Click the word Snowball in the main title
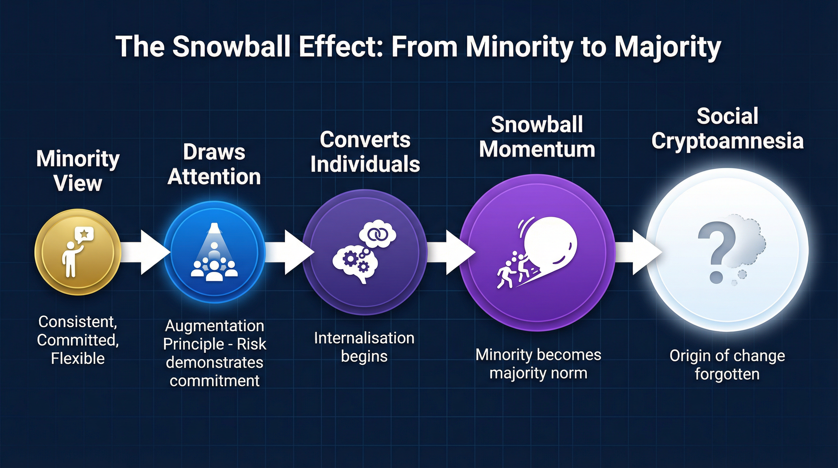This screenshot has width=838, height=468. tap(231, 46)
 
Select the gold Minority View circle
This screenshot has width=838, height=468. tap(78, 252)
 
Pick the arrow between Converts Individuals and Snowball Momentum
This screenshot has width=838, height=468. tap(451, 252)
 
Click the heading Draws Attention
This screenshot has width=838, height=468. tap(214, 164)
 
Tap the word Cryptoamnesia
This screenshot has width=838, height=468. tap(727, 141)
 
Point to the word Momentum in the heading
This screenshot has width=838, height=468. tap(537, 149)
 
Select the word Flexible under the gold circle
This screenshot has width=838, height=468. tap(78, 359)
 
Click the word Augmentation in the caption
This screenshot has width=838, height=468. tap(214, 326)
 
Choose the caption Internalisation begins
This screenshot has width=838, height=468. tap(364, 347)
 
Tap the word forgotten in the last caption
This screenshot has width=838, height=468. tap(727, 374)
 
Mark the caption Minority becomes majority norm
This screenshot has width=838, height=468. tap(538, 363)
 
